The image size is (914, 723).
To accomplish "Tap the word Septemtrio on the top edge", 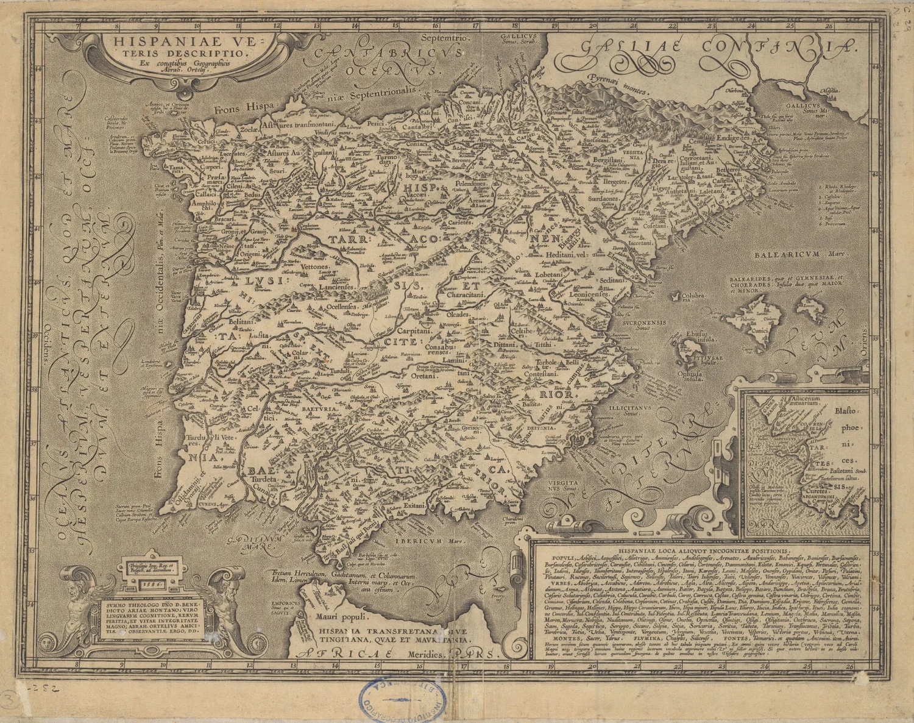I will click(x=450, y=38).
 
